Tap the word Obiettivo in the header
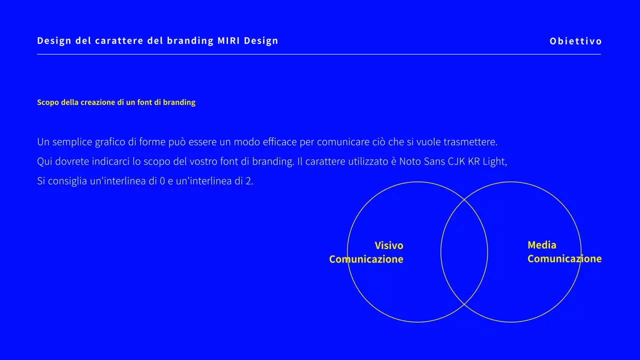(576, 41)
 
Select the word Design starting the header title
(53, 41)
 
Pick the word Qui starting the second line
(44, 162)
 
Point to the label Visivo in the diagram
(389, 245)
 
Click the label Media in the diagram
(542, 245)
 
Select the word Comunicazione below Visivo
(366, 259)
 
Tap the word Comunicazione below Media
(564, 259)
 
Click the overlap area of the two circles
(464, 252)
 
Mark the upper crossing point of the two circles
(464, 200)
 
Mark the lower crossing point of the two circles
(464, 304)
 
